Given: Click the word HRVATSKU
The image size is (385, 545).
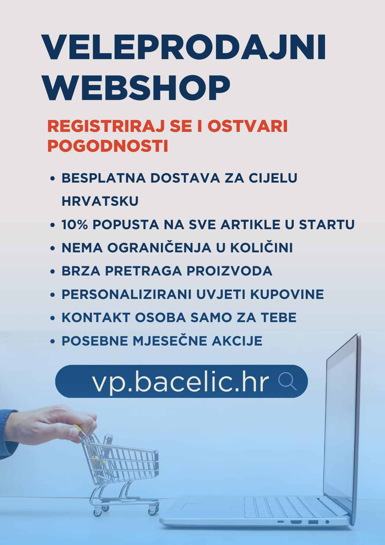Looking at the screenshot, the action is (x=100, y=201).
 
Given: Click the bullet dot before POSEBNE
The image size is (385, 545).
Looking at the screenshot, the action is (x=53, y=341).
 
